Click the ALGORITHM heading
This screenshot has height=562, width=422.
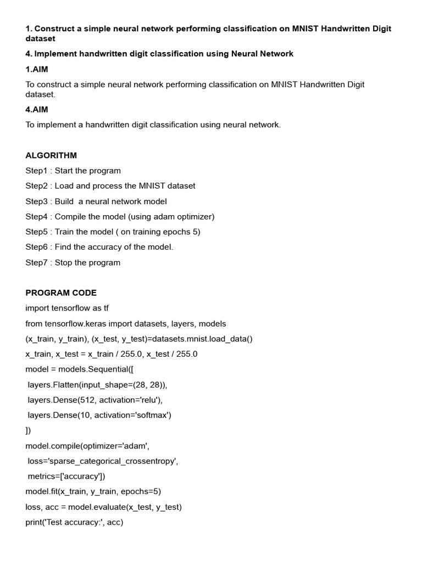click(x=51, y=155)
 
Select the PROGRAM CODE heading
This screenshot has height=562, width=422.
click(x=61, y=293)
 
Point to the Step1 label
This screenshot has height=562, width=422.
click(x=37, y=171)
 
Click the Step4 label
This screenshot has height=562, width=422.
click(x=37, y=217)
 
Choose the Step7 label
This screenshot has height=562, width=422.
click(x=37, y=262)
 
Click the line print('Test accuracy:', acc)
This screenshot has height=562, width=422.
click(x=74, y=522)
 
